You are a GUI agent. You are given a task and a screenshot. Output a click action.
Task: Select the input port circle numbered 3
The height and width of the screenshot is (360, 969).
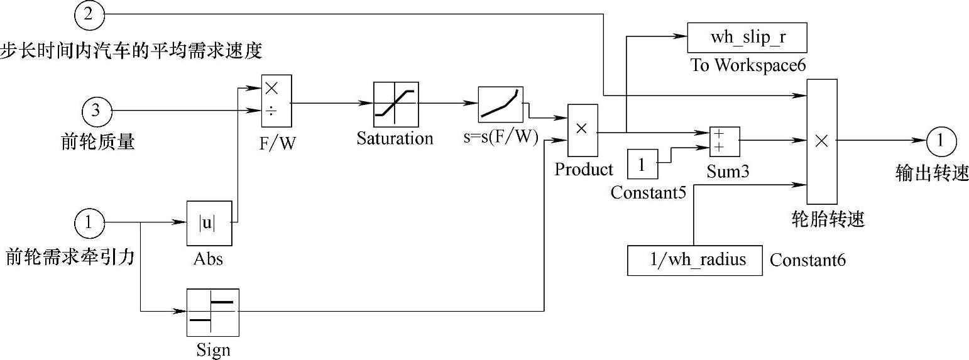[96, 112]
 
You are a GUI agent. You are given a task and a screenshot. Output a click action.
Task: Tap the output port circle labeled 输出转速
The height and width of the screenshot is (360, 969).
[941, 141]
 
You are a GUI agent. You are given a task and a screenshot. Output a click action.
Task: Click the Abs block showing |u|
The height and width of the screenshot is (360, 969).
[209, 223]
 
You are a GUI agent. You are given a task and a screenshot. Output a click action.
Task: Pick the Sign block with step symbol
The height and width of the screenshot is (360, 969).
[213, 312]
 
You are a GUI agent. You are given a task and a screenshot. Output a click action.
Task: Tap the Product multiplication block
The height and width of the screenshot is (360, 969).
[583, 130]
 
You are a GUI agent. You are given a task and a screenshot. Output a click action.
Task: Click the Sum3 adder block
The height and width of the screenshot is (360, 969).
[724, 141]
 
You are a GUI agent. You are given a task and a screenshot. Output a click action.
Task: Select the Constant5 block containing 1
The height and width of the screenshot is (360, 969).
[642, 165]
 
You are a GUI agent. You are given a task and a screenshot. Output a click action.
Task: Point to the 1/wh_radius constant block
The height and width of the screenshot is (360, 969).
[694, 260]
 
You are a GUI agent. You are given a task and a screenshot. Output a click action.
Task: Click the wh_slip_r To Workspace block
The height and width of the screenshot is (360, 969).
[747, 38]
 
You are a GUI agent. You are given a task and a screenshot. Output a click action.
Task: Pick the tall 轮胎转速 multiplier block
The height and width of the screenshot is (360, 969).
[821, 141]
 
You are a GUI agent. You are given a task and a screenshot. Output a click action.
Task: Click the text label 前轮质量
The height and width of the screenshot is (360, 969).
[97, 142]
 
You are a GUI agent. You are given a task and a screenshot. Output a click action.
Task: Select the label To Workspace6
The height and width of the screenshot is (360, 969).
[748, 65]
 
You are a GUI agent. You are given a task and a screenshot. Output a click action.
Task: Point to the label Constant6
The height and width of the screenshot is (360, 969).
[807, 260]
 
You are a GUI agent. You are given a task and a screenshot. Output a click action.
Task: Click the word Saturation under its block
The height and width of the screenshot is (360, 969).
[395, 139]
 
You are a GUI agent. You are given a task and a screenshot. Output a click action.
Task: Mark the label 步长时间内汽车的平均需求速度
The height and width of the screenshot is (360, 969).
[131, 50]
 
